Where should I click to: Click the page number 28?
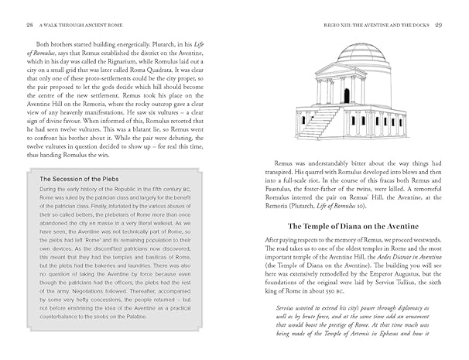click(29, 24)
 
